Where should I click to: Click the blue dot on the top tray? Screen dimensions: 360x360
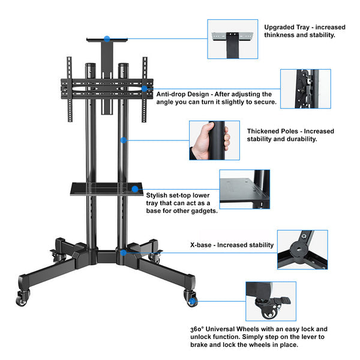(107, 38)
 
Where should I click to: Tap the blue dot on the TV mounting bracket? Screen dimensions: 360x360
(145, 89)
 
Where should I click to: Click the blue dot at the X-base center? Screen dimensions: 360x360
(122, 253)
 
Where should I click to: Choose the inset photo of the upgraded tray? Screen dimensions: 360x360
(232, 39)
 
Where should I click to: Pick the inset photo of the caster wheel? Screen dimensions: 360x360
(270, 301)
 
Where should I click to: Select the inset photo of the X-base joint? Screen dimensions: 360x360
(302, 249)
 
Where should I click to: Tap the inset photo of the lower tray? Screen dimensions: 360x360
(244, 189)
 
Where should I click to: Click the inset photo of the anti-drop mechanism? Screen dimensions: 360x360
(305, 89)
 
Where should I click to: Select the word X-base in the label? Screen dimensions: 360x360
(201, 245)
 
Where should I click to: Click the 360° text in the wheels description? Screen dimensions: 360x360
(199, 329)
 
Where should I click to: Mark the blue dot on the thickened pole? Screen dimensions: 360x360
(123, 140)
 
